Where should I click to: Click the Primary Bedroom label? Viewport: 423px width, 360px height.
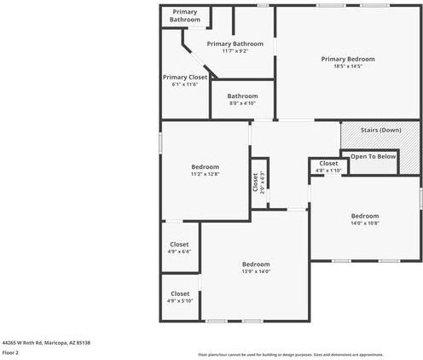click(x=347, y=59)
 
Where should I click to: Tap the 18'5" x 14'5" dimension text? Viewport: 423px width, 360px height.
click(x=347, y=66)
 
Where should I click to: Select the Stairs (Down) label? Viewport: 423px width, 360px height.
click(x=380, y=131)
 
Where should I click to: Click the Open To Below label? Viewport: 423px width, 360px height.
click(x=374, y=156)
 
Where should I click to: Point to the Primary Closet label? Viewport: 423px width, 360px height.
click(x=185, y=77)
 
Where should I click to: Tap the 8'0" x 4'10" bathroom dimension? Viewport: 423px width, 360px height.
click(x=242, y=103)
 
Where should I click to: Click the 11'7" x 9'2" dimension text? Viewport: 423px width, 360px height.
click(x=235, y=51)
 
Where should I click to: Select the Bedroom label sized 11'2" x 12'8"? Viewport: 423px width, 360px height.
click(x=205, y=166)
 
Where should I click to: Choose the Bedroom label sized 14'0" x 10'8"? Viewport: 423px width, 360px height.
click(x=365, y=216)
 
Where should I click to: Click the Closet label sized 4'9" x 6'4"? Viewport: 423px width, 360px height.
click(x=179, y=245)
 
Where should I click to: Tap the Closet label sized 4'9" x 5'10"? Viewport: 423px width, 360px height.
click(x=179, y=293)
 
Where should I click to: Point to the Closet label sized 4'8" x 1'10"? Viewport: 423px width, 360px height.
click(x=328, y=163)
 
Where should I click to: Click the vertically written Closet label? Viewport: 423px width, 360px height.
click(x=254, y=181)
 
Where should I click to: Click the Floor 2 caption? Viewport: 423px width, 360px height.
click(x=10, y=351)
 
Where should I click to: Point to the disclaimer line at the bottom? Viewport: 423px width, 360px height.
click(x=291, y=354)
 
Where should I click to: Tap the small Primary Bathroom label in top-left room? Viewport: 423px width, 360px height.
click(x=185, y=15)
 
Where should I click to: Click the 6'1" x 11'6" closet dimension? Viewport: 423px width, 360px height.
click(x=185, y=84)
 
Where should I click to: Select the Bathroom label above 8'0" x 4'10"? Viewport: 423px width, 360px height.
click(x=242, y=96)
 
